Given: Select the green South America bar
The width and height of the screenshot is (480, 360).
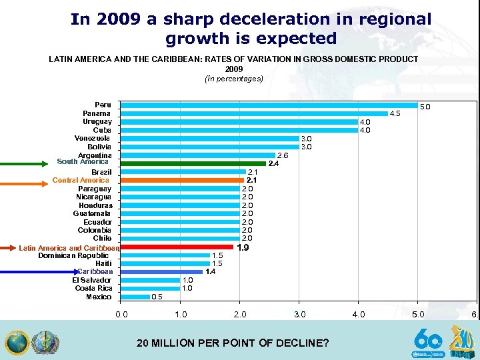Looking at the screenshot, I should click(193, 163).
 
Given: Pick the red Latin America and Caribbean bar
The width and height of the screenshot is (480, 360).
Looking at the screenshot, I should click(177, 247).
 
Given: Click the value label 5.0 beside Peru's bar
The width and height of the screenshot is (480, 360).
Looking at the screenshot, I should click(425, 106).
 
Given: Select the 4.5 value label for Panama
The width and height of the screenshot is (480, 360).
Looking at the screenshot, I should click(395, 114).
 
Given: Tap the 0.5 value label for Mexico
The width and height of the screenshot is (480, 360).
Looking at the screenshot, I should click(157, 297).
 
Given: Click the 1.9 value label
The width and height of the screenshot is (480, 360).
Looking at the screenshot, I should click(243, 248).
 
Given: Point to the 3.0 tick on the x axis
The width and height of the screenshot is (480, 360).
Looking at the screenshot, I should click(299, 314).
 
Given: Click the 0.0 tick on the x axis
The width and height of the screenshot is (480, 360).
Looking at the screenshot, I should click(120, 314).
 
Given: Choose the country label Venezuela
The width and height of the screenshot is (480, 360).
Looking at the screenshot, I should click(93, 138).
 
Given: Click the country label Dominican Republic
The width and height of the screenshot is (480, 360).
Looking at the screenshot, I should click(73, 255).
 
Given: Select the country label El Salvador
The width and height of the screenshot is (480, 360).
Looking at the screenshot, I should click(91, 280).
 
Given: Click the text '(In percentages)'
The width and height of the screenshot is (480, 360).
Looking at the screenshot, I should click(234, 79).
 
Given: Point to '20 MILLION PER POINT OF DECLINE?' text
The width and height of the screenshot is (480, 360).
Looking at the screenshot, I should click(233, 343).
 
